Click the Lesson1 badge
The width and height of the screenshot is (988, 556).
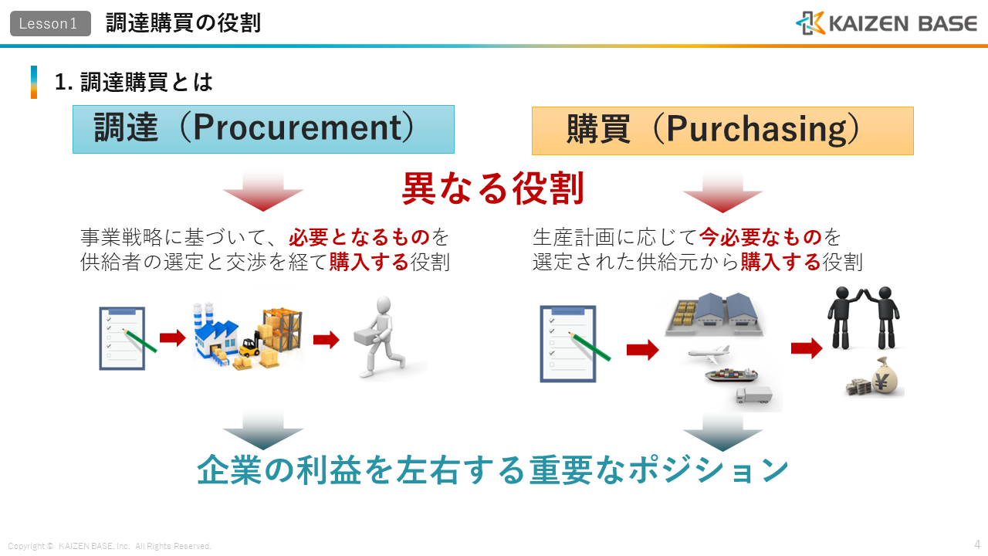pyautogui.click(x=50, y=23)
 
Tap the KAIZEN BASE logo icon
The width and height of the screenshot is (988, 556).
pyautogui.click(x=810, y=23)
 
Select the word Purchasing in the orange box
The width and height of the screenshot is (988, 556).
pyautogui.click(x=757, y=129)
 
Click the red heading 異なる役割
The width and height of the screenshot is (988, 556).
pyautogui.click(x=492, y=188)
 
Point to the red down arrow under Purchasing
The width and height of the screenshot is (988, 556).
pyautogui.click(x=722, y=193)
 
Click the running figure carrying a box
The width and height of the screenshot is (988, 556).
pyautogui.click(x=381, y=337)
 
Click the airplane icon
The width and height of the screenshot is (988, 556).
pyautogui.click(x=709, y=354)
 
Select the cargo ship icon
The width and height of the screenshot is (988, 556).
pyautogui.click(x=731, y=375)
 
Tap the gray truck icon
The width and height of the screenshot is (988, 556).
pyautogui.click(x=754, y=395)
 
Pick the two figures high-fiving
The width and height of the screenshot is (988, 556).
pyautogui.click(x=863, y=317)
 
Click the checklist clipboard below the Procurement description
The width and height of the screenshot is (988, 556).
pyautogui.click(x=123, y=338)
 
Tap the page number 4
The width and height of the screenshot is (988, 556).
pyautogui.click(x=977, y=544)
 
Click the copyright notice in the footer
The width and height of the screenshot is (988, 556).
pyautogui.click(x=110, y=546)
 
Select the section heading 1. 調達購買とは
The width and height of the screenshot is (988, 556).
pyautogui.click(x=134, y=82)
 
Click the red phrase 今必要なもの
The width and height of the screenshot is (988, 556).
pyautogui.click(x=760, y=237)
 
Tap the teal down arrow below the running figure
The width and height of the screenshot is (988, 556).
pyautogui.click(x=263, y=430)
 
